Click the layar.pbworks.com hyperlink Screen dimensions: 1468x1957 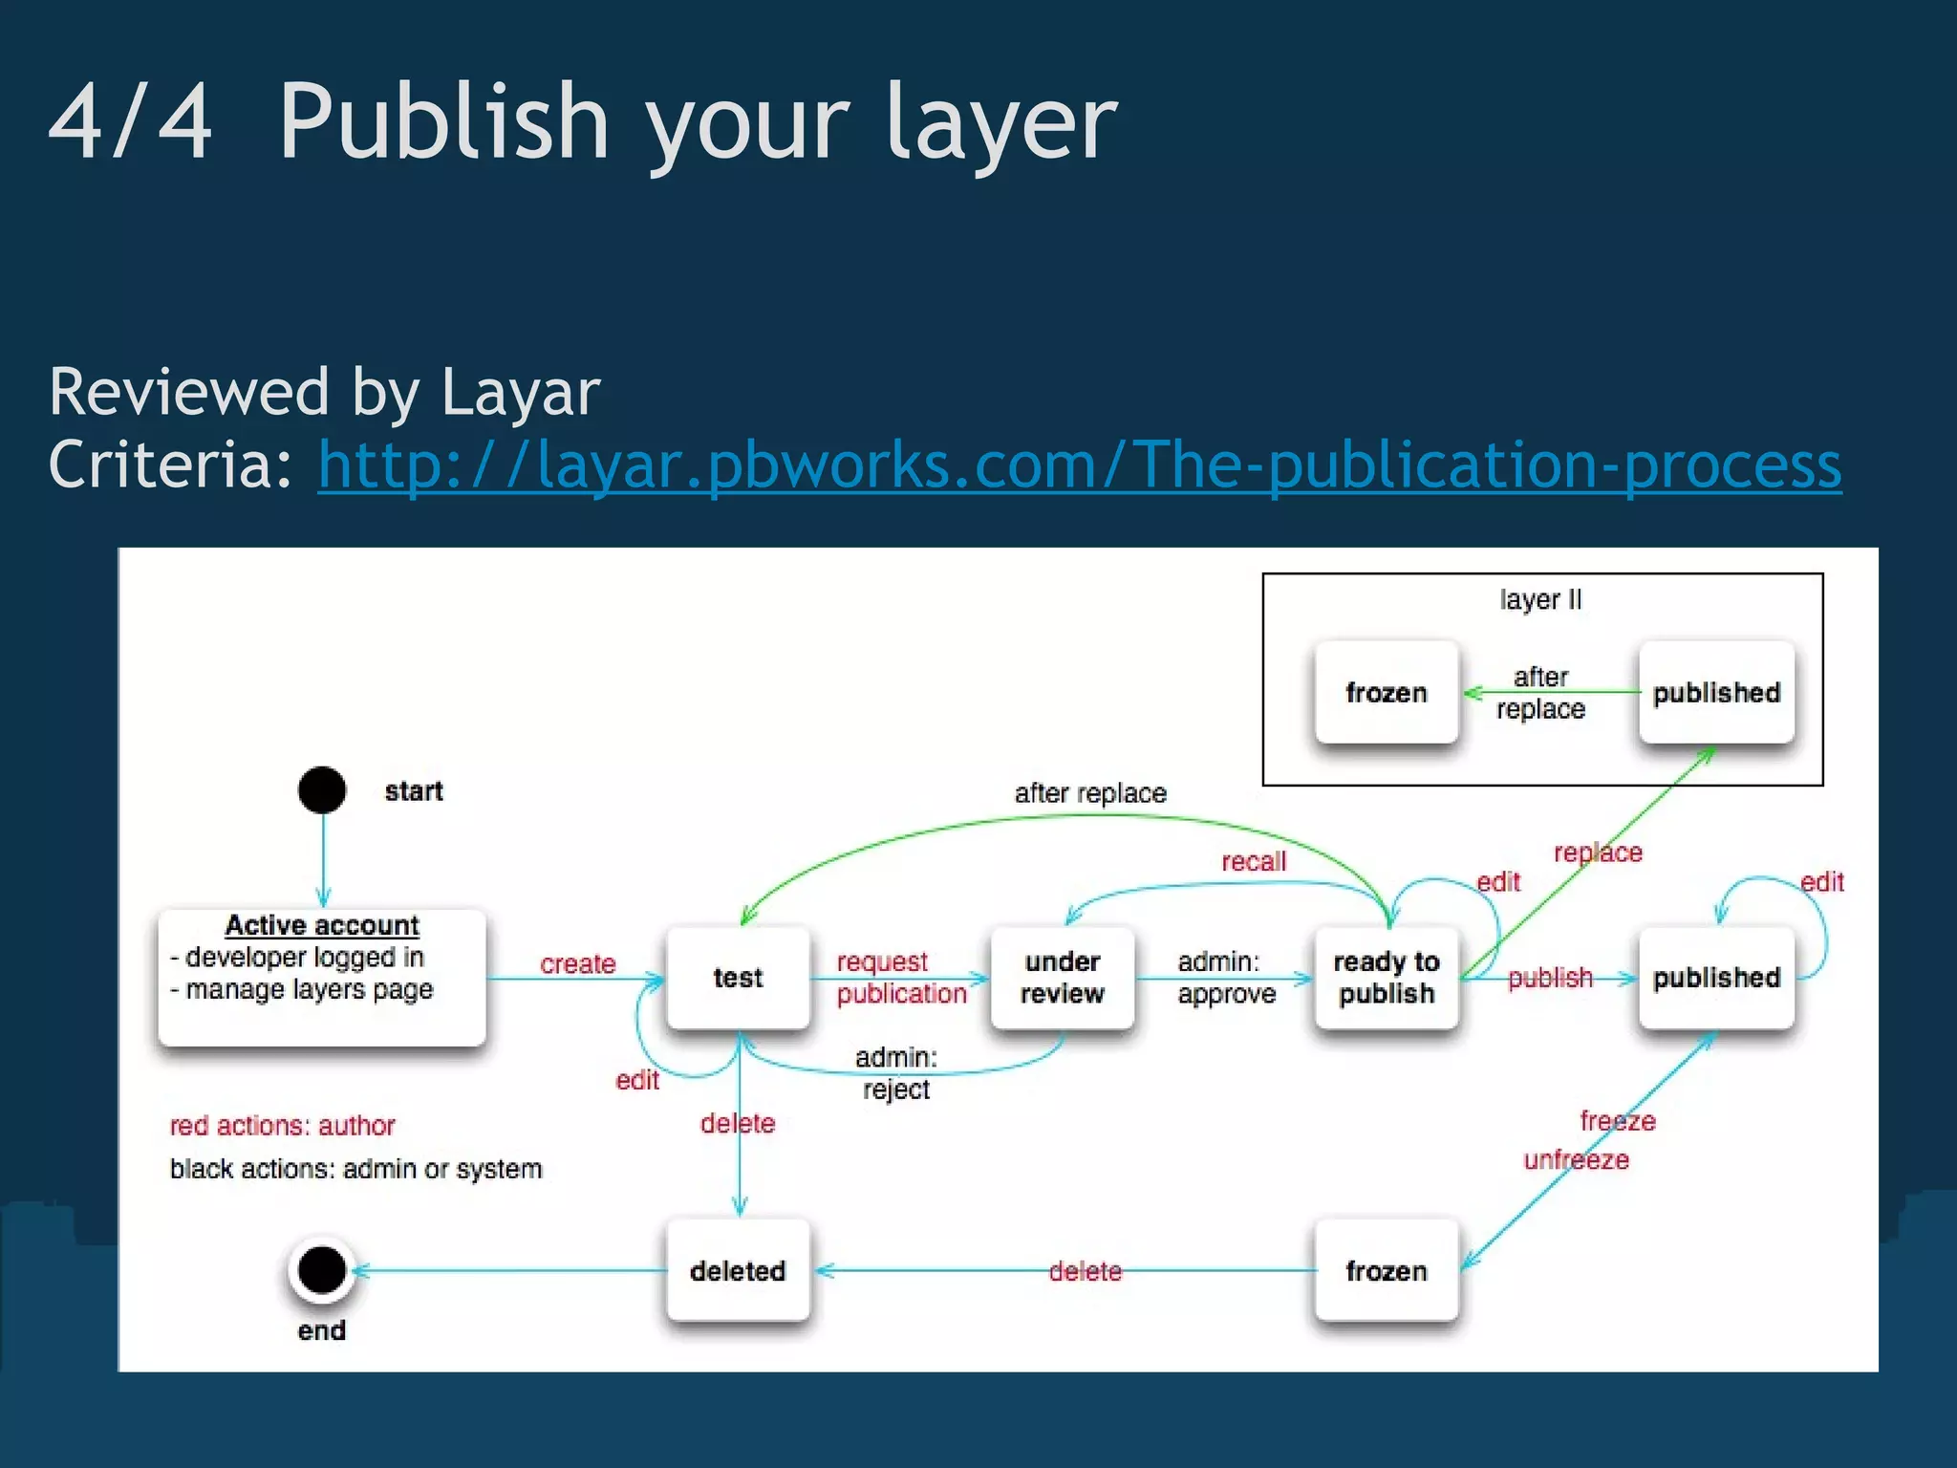click(x=1079, y=465)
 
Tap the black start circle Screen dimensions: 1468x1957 click(x=322, y=790)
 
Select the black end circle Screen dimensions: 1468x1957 click(x=322, y=1270)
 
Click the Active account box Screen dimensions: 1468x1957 click(x=322, y=976)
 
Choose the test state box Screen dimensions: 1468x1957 click(x=738, y=978)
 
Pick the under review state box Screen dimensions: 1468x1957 click(x=1062, y=978)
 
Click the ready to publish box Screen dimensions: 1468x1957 click(x=1386, y=978)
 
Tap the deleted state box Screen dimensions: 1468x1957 click(x=738, y=1270)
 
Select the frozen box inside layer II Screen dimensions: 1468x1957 click(x=1386, y=692)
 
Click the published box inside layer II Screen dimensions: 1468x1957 click(x=1716, y=692)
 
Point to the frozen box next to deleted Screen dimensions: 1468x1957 click(x=1386, y=1270)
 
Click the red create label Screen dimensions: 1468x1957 click(x=577, y=963)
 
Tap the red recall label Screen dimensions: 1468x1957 click(x=1253, y=861)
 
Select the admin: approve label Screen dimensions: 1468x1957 click(x=1226, y=978)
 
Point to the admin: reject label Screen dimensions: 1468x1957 click(x=896, y=1073)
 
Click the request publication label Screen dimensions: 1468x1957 click(x=900, y=978)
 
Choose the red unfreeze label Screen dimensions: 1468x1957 click(x=1576, y=1160)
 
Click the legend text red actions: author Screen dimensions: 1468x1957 click(x=282, y=1126)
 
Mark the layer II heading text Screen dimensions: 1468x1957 click(x=1540, y=600)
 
